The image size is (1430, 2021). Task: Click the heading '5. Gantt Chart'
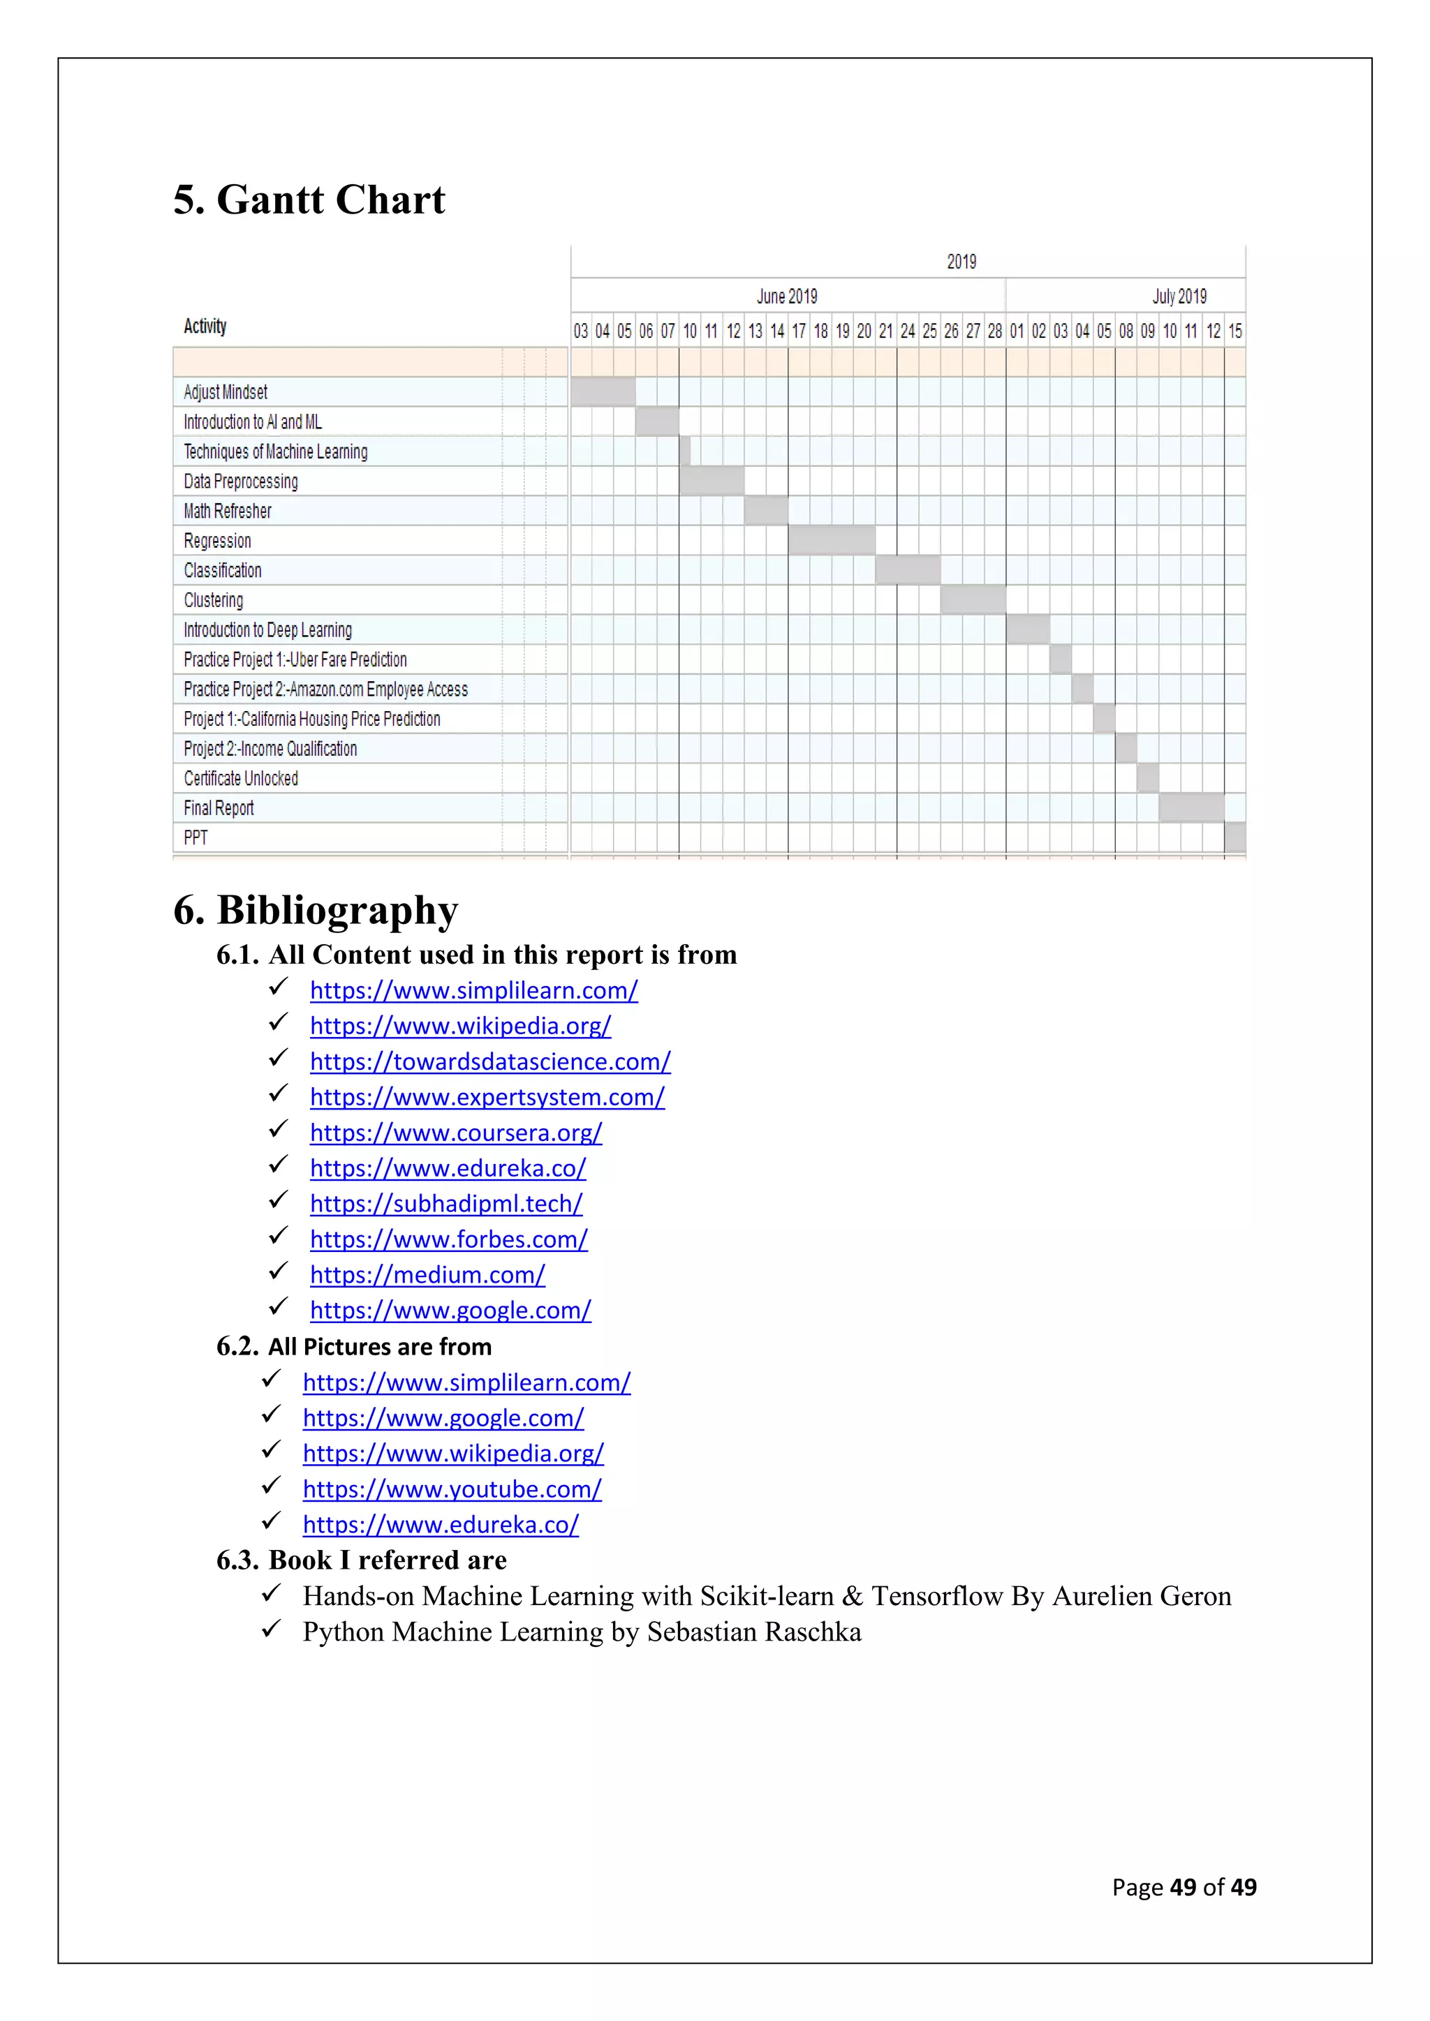[x=309, y=200]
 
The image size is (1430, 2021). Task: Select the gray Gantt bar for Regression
[x=831, y=539]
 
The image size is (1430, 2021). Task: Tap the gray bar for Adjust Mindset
[x=603, y=391]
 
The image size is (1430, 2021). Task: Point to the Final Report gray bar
[x=1191, y=807]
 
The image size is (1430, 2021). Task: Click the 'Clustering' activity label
[x=213, y=600]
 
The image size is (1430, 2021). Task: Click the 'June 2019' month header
[x=786, y=297]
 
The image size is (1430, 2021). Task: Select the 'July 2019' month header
[x=1179, y=297]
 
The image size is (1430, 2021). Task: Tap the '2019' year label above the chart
[x=961, y=262]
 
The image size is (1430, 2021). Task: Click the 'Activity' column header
[x=205, y=327]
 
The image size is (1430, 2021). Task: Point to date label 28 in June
[x=994, y=332]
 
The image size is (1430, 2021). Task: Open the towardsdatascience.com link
[x=489, y=1061]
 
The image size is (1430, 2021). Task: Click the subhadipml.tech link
[x=445, y=1203]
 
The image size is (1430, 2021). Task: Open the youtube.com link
[x=452, y=1489]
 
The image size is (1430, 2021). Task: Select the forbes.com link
[x=448, y=1239]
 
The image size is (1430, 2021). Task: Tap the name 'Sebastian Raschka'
[x=753, y=1631]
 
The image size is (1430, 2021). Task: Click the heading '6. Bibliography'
[x=315, y=910]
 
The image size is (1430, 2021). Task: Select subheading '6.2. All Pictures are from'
[x=354, y=1347]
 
